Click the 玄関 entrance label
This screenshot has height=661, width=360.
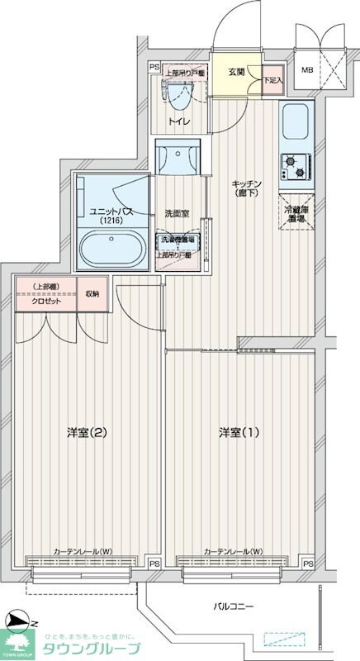click(x=235, y=72)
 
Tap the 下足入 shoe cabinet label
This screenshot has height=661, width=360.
click(x=272, y=80)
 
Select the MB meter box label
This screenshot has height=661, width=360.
click(x=306, y=71)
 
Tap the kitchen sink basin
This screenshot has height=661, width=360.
click(x=295, y=122)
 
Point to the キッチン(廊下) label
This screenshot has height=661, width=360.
click(x=245, y=188)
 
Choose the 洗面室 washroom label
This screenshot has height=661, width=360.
click(x=177, y=213)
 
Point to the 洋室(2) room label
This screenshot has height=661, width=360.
click(x=88, y=432)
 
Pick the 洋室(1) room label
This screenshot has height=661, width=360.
click(x=239, y=432)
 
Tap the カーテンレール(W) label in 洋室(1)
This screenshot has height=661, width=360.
click(x=233, y=552)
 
